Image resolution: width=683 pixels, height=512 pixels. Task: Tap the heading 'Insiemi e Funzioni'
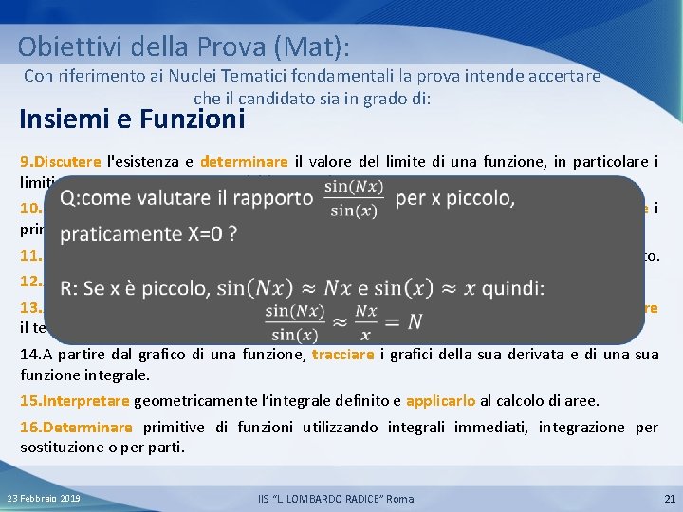(x=132, y=119)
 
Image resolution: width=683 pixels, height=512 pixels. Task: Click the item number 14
(x=29, y=354)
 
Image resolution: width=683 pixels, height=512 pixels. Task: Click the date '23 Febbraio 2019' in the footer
(x=44, y=499)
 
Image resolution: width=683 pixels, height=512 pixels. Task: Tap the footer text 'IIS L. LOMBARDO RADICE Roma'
(x=336, y=499)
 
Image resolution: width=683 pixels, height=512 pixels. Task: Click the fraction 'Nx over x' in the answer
(x=367, y=322)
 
